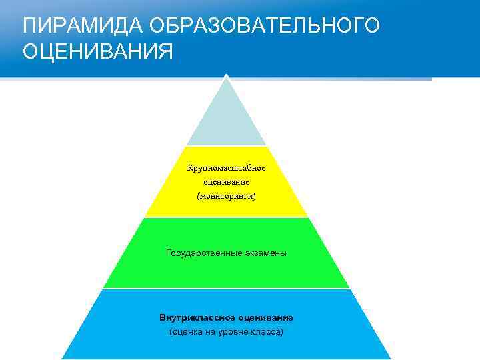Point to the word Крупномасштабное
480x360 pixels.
pyautogui.click(x=226, y=167)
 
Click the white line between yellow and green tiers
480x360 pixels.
pyautogui.click(x=226, y=217)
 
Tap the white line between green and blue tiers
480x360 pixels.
pyautogui.click(x=226, y=289)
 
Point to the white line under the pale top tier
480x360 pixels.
pyautogui.click(x=226, y=146)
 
